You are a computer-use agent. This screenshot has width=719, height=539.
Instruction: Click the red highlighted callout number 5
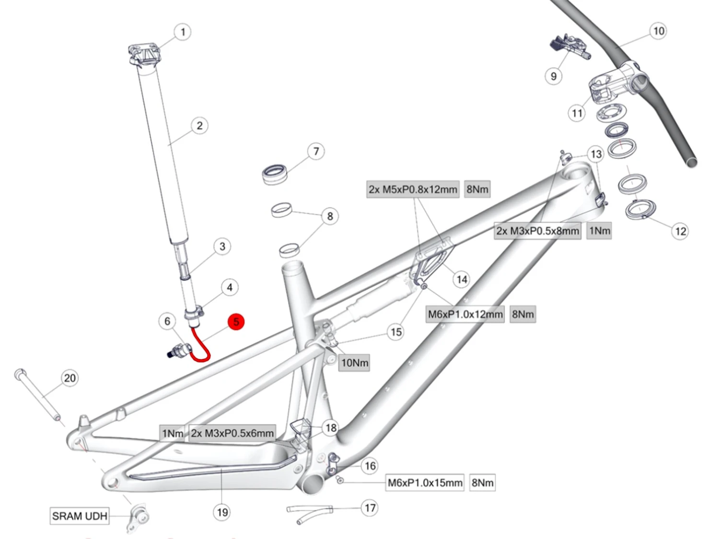click(236, 321)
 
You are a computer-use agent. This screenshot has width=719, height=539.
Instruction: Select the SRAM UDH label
click(80, 516)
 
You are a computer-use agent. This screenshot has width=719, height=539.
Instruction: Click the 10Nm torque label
click(355, 363)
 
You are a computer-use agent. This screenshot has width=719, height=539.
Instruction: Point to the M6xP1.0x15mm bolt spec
click(425, 482)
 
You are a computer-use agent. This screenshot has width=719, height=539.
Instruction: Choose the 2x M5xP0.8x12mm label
click(413, 189)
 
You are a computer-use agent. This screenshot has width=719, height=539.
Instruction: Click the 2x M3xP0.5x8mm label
click(537, 231)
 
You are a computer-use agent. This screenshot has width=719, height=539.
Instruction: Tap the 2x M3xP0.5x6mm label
click(232, 433)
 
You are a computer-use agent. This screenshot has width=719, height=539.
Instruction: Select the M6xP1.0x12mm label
click(465, 314)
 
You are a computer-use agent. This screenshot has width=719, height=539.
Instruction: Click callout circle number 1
click(182, 32)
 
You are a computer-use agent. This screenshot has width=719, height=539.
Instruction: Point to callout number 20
click(70, 378)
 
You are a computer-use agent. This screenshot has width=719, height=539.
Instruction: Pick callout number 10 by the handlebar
click(659, 31)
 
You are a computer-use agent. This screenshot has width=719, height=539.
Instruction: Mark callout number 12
click(680, 231)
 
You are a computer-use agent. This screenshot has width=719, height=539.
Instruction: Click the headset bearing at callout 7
click(275, 173)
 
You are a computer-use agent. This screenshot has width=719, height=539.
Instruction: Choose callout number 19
click(222, 512)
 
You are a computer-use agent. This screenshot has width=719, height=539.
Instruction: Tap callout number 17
click(370, 508)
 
